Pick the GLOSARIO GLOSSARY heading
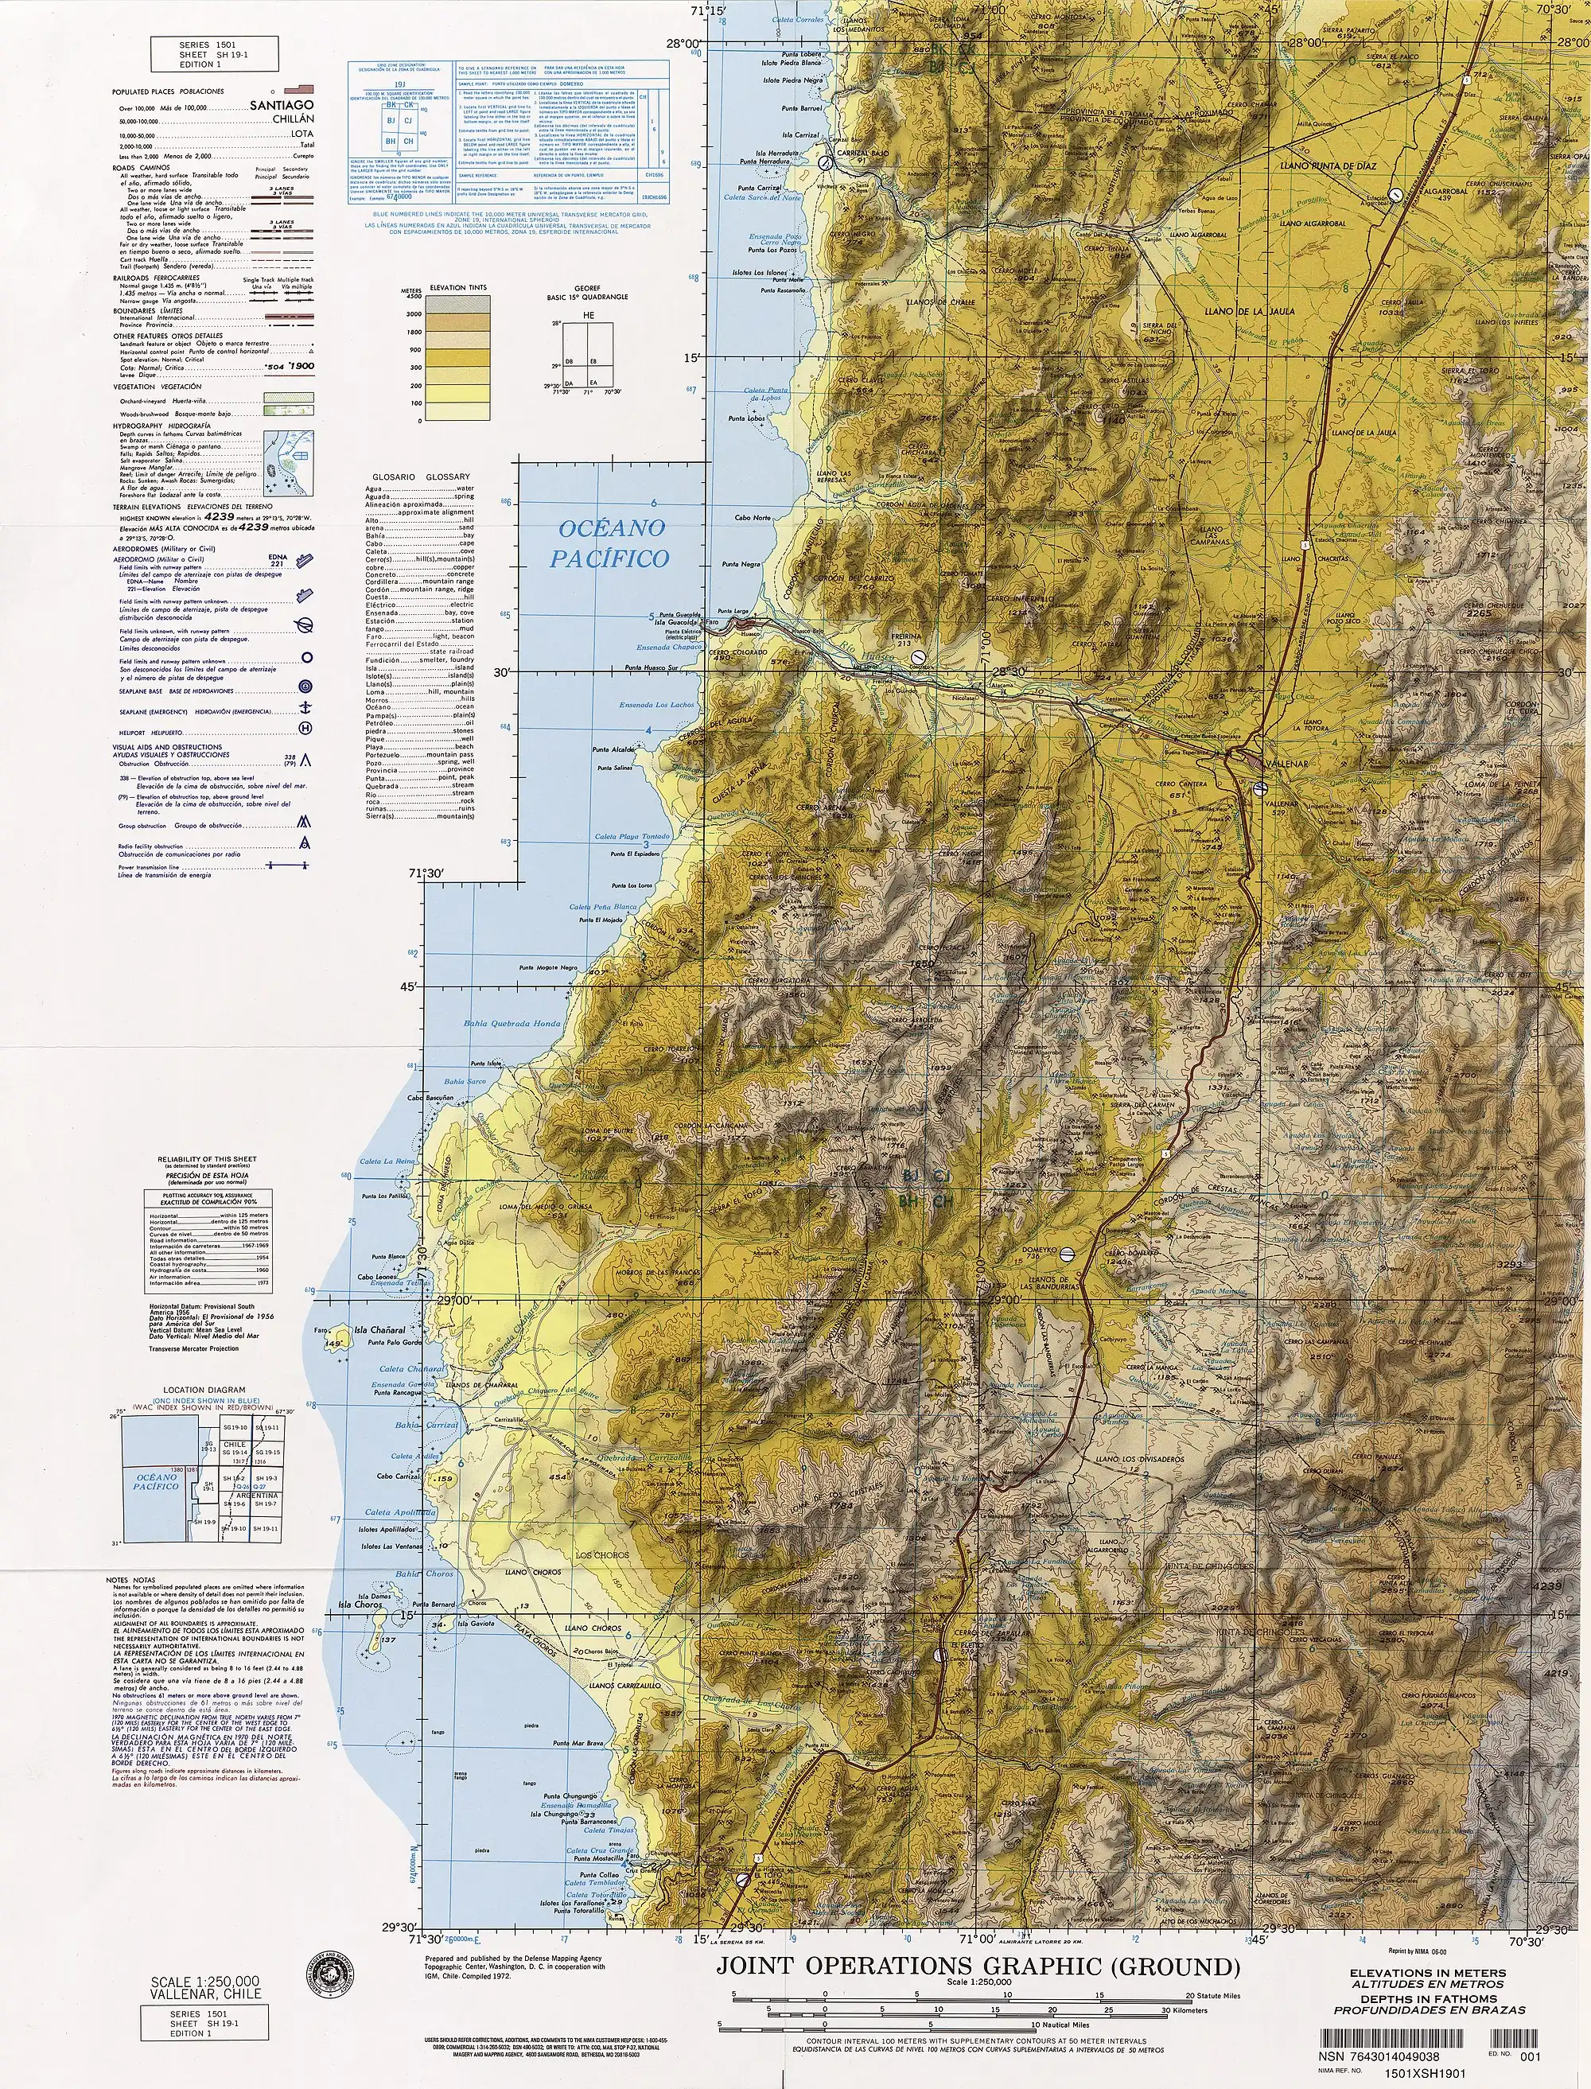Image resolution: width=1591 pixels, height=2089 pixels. [421, 477]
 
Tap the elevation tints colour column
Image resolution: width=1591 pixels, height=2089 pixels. [458, 357]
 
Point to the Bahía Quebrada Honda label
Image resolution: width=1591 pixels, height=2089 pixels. [512, 1023]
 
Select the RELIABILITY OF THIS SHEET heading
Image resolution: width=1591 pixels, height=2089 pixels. [207, 1158]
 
